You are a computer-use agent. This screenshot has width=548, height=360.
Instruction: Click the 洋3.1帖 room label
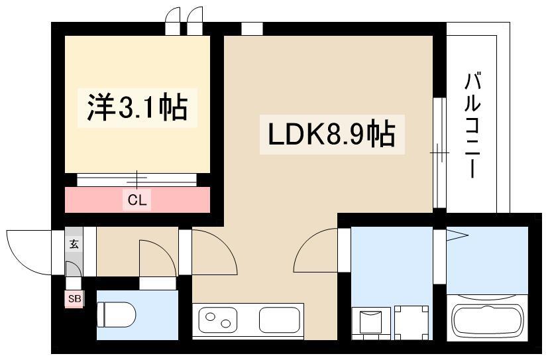pyautogui.click(x=137, y=107)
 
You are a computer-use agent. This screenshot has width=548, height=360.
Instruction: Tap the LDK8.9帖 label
pyautogui.click(x=331, y=134)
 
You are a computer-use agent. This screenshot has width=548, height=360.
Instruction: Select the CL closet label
pyautogui.click(x=137, y=200)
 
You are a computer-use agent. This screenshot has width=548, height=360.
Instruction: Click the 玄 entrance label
pyautogui.click(x=74, y=243)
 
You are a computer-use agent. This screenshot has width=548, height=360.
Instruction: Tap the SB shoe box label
pyautogui.click(x=74, y=299)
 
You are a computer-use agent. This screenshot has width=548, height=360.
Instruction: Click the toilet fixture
pyautogui.click(x=117, y=314)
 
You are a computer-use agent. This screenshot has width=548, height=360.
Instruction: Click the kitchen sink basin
pyautogui.click(x=279, y=320)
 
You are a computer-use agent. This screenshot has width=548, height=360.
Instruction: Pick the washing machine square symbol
pyautogui.click(x=411, y=323)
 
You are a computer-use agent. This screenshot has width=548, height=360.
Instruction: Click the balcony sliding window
pyautogui.click(x=439, y=152)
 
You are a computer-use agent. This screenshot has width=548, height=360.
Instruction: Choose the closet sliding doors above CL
pyautogui.click(x=137, y=180)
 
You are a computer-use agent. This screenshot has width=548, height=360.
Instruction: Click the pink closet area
pyautogui.click(x=137, y=200)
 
